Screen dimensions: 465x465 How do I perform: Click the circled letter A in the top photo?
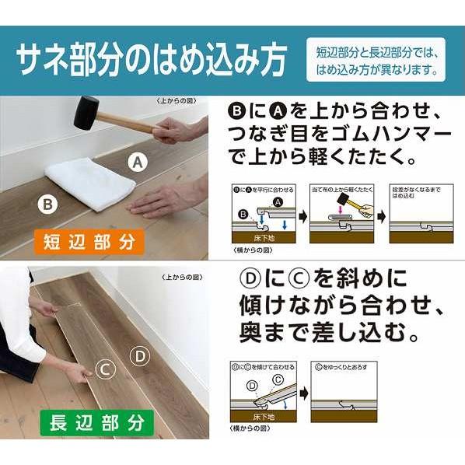pyautogui.click(x=138, y=163)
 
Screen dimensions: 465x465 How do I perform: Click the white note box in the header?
pyautogui.click(x=376, y=60)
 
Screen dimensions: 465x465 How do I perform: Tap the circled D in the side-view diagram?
pyautogui.click(x=251, y=385)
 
